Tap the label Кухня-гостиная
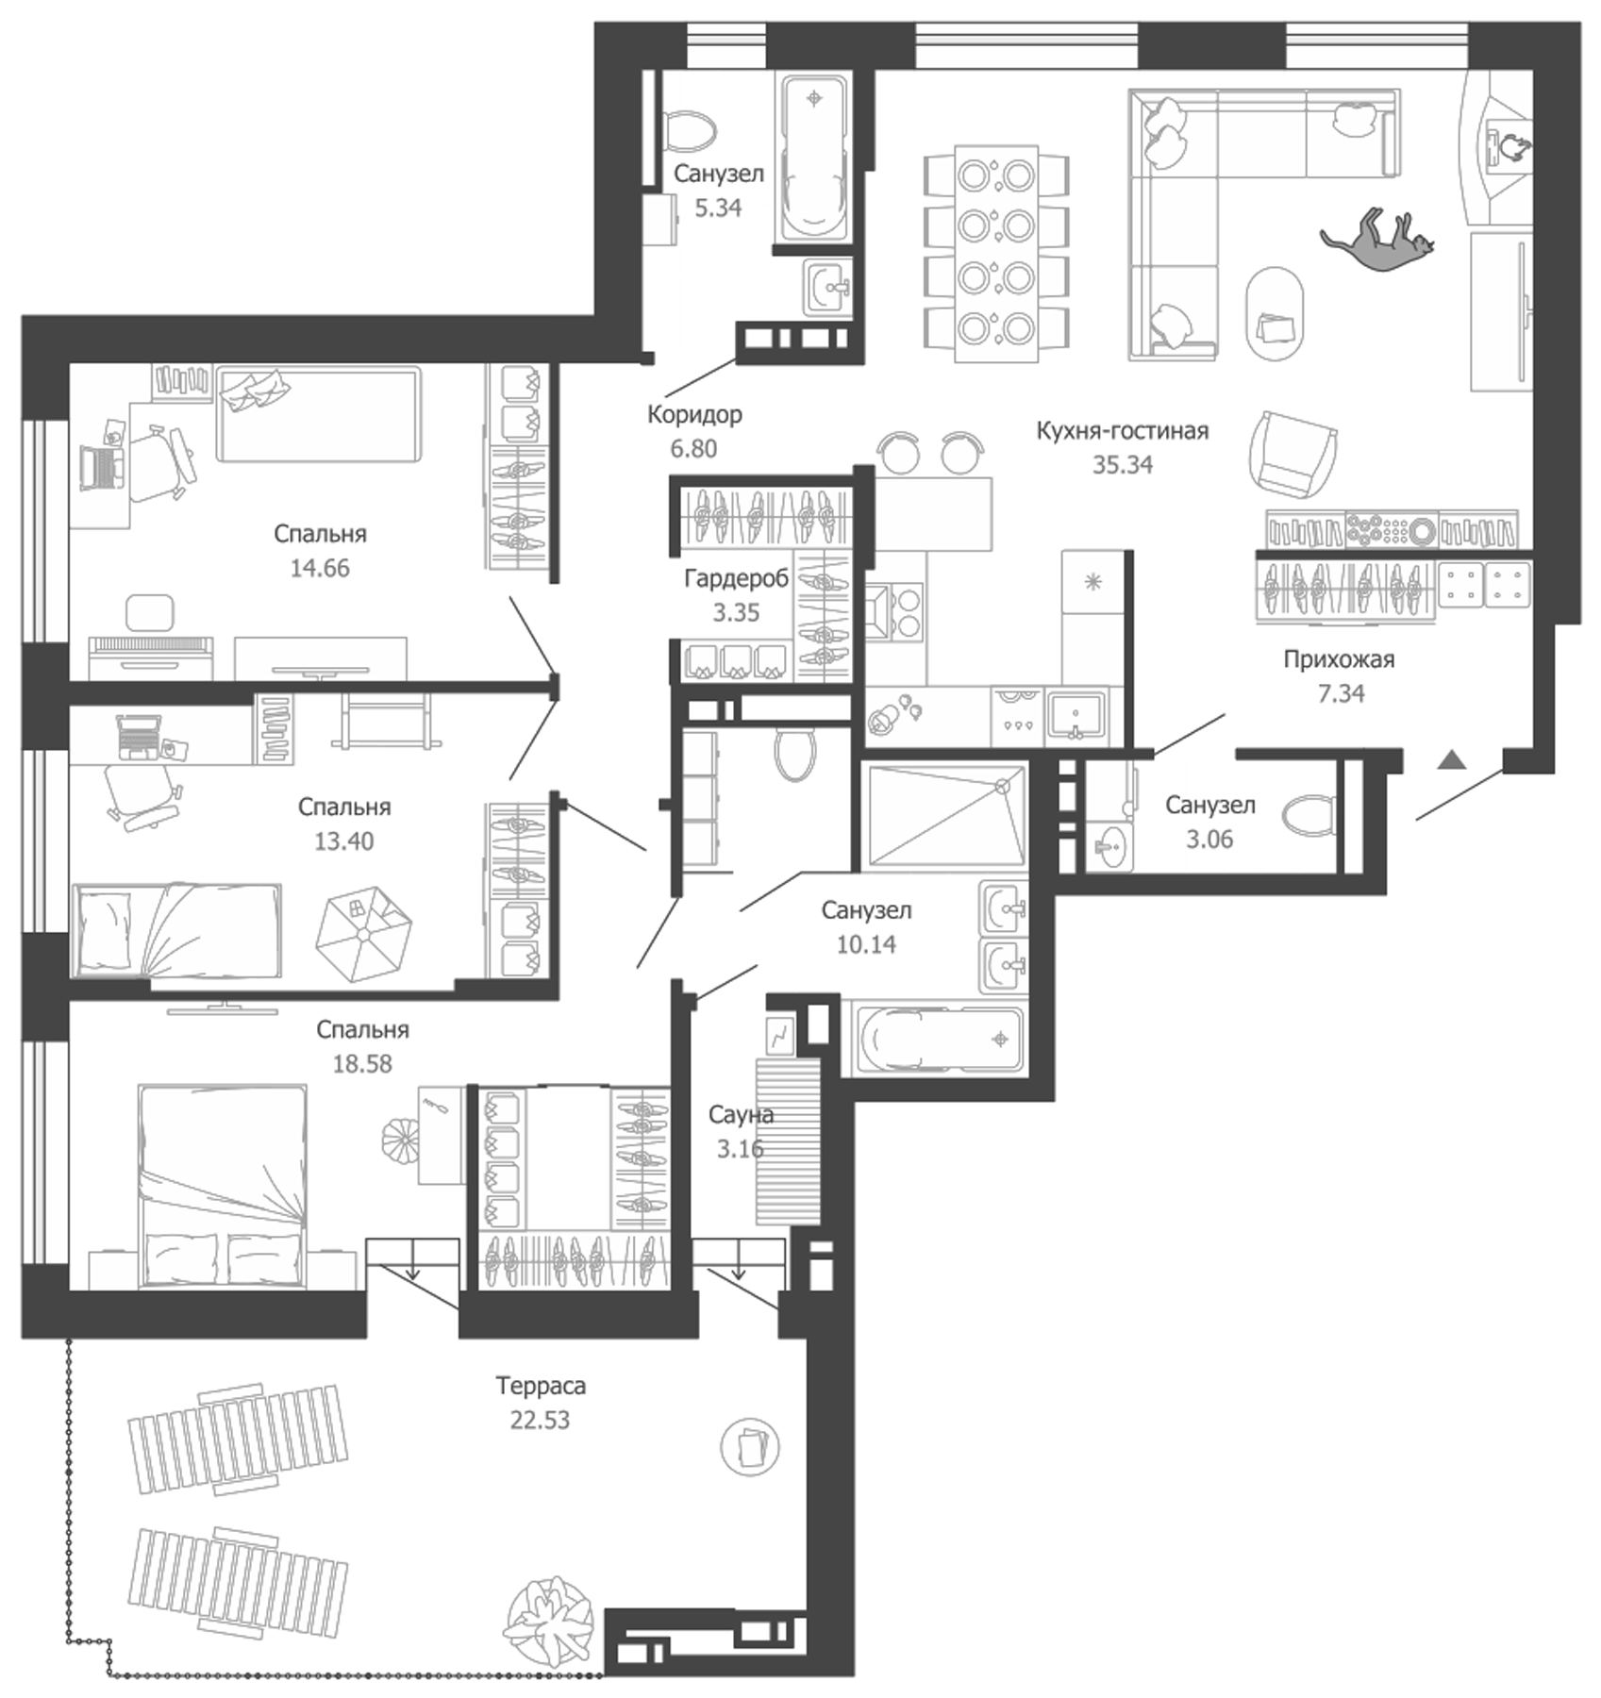1122,431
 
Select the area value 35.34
1122,465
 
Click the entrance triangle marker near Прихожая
1452,759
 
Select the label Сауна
741,1115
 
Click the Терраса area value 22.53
540,1420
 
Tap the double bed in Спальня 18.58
223,1186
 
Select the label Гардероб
736,578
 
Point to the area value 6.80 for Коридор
693,449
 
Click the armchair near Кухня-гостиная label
1292,452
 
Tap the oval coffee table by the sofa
1276,314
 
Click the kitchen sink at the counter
1076,714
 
